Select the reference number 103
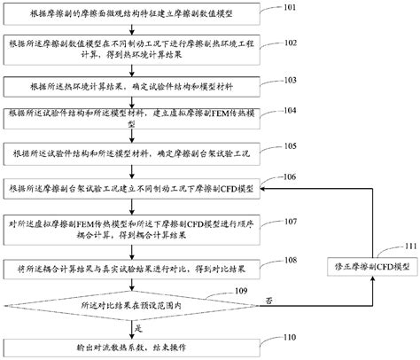[x=290, y=79]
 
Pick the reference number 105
[x=290, y=146]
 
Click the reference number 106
[x=290, y=177]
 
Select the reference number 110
[x=290, y=337]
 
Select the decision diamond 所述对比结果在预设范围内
[x=133, y=303]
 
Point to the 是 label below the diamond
[x=138, y=327]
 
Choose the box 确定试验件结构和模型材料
[x=133, y=88]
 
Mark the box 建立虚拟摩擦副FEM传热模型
[x=133, y=120]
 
